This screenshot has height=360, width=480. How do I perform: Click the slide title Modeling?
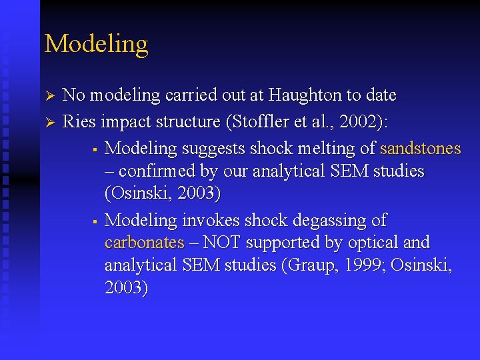pyautogui.click(x=96, y=44)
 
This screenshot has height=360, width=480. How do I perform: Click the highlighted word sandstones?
pyautogui.click(x=420, y=148)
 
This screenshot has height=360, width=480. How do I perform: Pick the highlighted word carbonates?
pyautogui.click(x=144, y=242)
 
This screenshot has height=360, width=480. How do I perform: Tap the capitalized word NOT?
pyautogui.click(x=224, y=242)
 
